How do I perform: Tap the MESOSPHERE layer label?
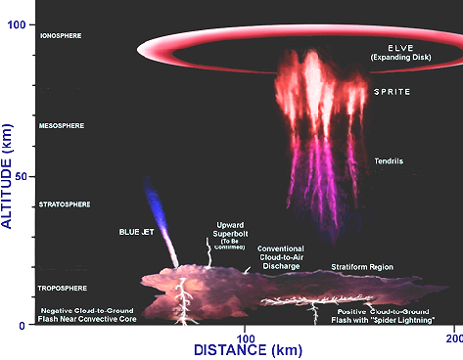click(x=61, y=126)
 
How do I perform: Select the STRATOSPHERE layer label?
click(x=64, y=204)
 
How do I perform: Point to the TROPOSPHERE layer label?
click(x=62, y=289)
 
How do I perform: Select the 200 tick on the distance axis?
click(x=452, y=338)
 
